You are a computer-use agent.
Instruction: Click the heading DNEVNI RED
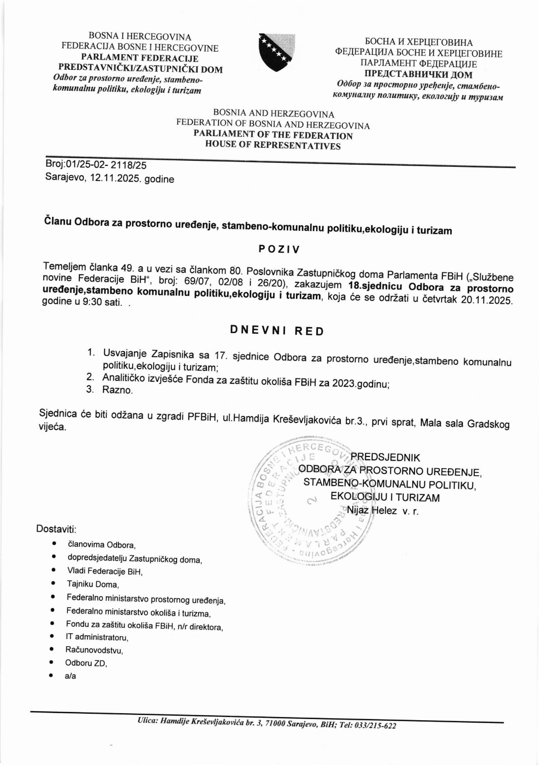(277, 331)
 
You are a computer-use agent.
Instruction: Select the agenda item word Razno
(117, 390)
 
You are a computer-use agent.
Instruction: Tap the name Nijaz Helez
(371, 510)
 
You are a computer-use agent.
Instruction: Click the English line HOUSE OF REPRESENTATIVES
(273, 145)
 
